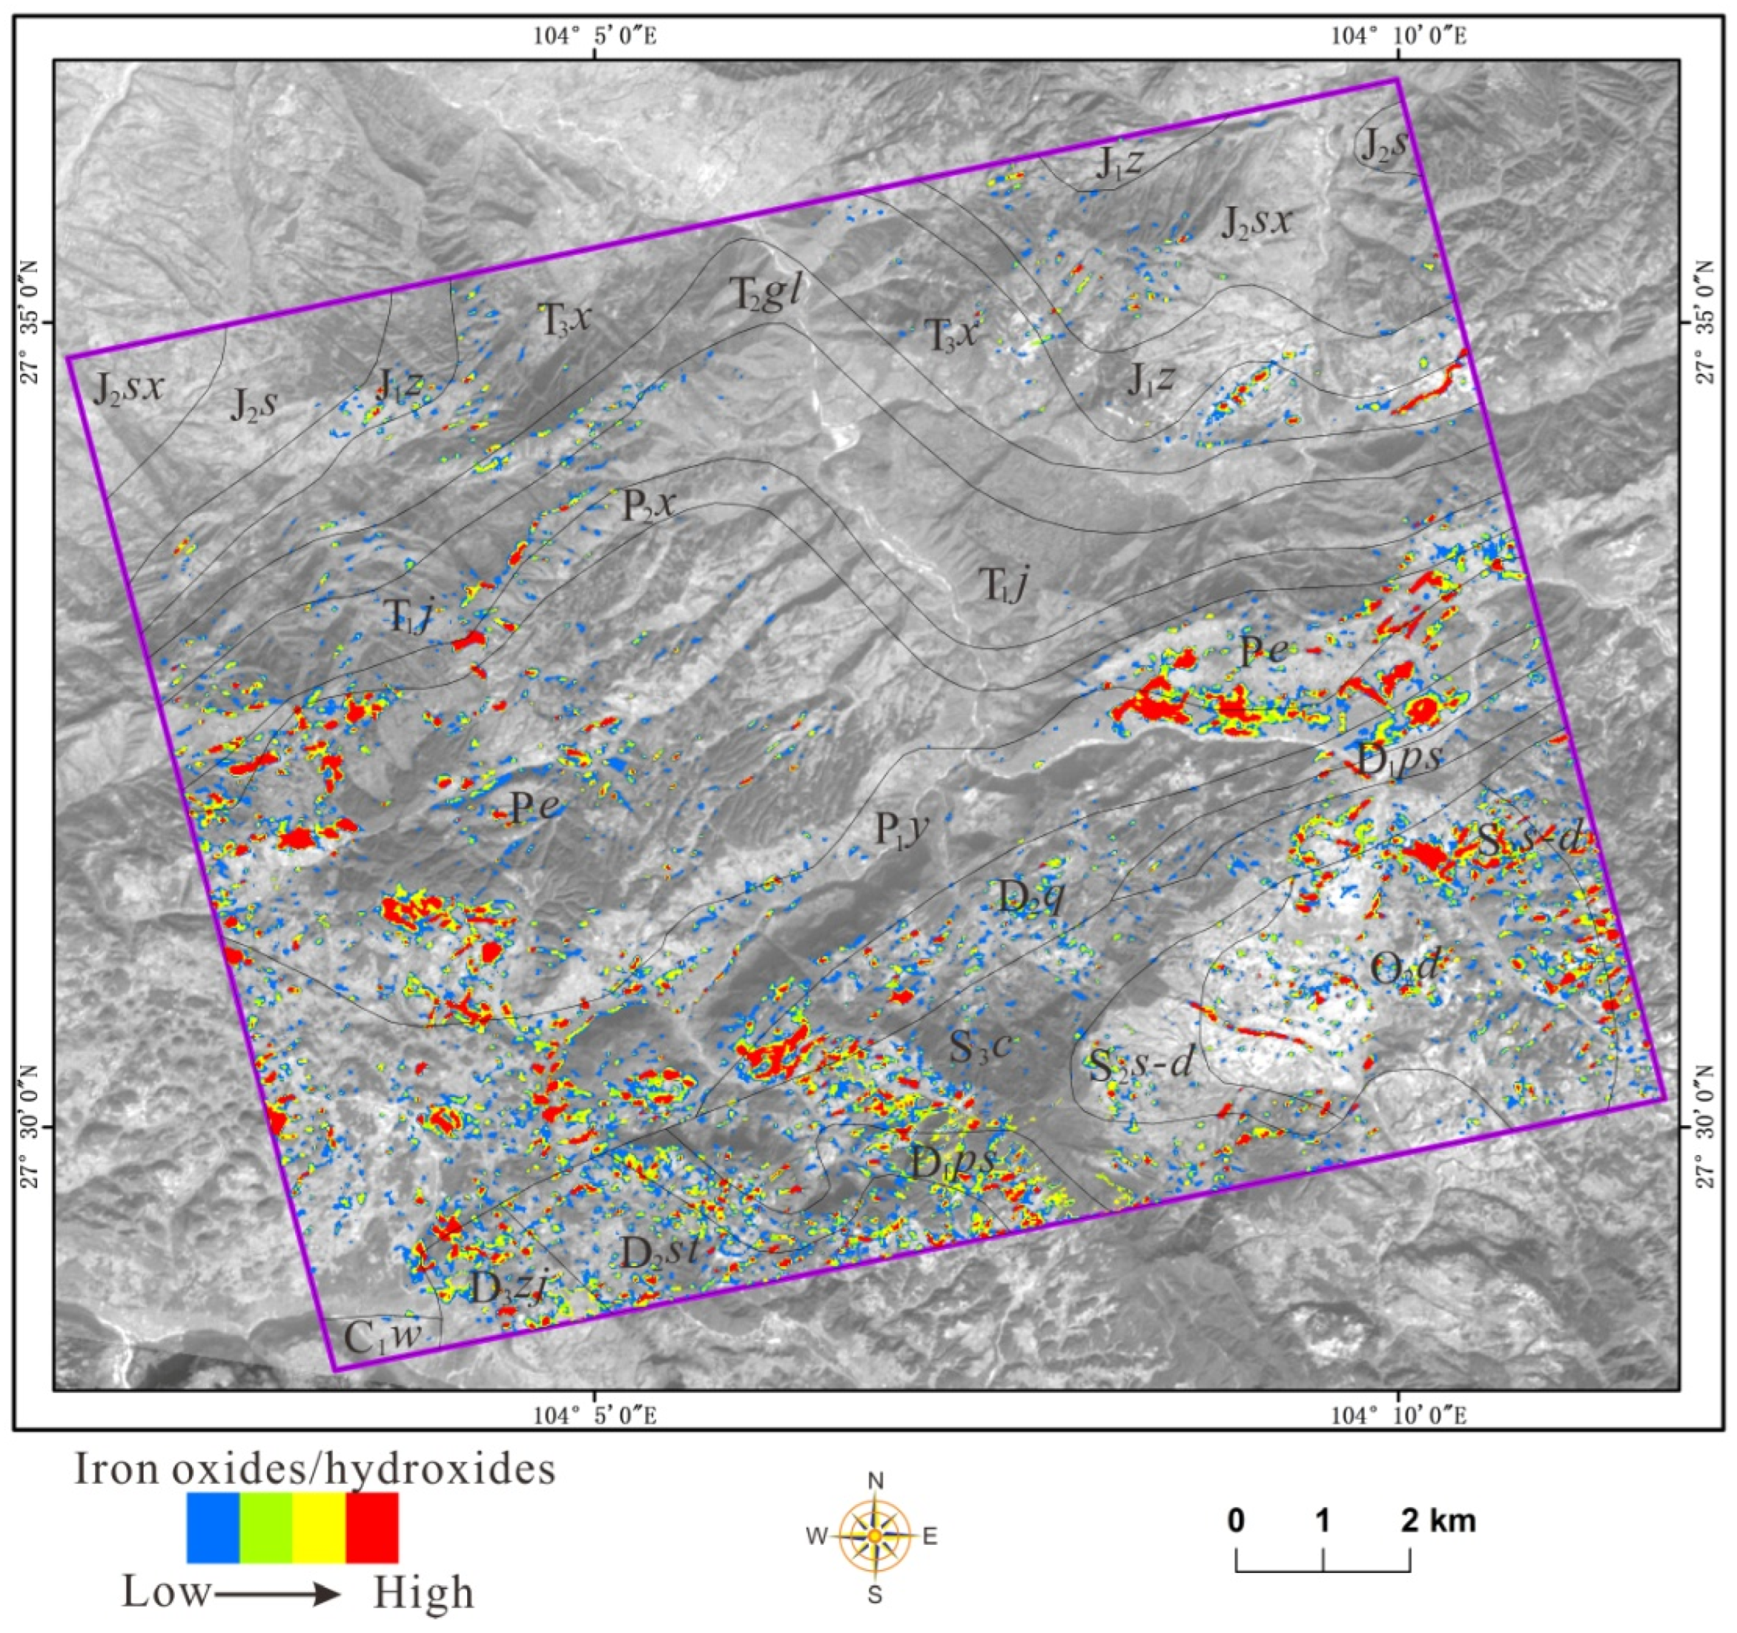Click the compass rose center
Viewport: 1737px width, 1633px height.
[875, 1535]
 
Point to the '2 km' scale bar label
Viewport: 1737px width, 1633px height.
[1438, 1521]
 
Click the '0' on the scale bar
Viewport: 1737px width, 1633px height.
[1236, 1521]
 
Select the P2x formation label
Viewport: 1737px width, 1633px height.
[648, 505]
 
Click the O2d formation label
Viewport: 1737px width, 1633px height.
[1403, 968]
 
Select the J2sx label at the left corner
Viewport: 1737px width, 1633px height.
[128, 387]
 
